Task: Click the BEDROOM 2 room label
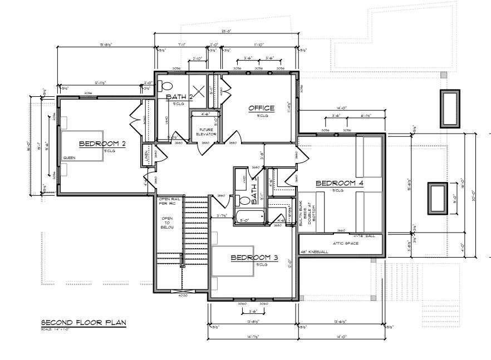[x=102, y=144]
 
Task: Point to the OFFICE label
[x=262, y=108]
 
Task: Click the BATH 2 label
[x=179, y=97]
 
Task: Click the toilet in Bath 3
[x=243, y=201]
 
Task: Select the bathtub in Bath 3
[x=249, y=216]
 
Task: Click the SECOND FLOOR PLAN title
[x=84, y=322]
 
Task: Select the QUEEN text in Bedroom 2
[x=69, y=157]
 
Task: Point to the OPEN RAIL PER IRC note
[x=168, y=201]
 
